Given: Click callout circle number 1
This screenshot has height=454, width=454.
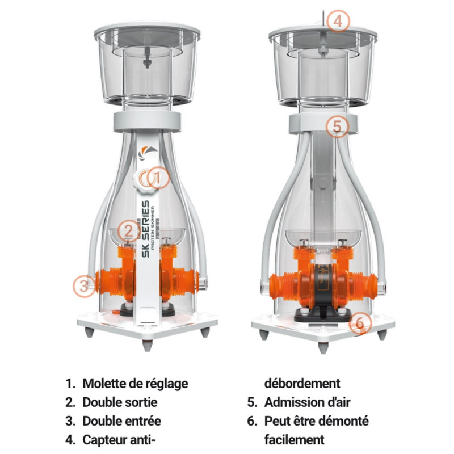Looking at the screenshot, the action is (x=158, y=178).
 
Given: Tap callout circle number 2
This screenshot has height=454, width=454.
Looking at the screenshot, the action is (x=129, y=231).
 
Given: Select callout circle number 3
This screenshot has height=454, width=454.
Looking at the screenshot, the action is (x=84, y=286).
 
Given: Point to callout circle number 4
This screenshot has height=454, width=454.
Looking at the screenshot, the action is (x=338, y=21).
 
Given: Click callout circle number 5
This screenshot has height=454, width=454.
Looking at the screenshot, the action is (x=337, y=126).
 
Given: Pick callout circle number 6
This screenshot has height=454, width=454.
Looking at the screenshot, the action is (x=360, y=323).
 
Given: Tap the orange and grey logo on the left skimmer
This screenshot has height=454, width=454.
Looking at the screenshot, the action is (x=148, y=153).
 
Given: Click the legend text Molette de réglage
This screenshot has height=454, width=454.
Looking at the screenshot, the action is (x=135, y=384).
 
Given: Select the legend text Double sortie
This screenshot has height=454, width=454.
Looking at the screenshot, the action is (x=120, y=402).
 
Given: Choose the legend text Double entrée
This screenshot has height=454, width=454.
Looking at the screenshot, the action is (x=121, y=421).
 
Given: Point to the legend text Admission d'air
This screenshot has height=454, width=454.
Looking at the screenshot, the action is (x=307, y=402).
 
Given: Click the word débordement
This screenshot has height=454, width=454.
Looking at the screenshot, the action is (x=302, y=384).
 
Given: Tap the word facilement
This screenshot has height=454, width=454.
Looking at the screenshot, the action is (x=294, y=439).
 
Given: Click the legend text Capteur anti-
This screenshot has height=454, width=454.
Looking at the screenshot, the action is (x=119, y=439).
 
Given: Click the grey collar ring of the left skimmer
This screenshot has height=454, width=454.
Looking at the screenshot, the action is (x=147, y=121).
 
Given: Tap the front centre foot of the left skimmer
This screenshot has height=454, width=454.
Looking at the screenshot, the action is (x=147, y=345).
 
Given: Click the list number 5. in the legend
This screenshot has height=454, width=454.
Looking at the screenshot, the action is (x=252, y=402).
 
